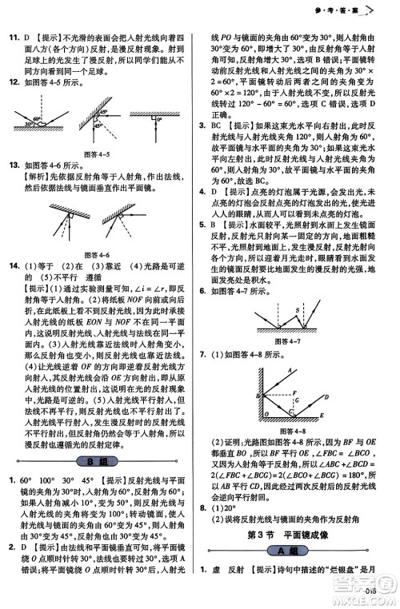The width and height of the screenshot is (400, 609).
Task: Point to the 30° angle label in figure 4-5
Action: click(29, 125)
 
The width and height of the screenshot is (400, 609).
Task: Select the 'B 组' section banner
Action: click(99, 461)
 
